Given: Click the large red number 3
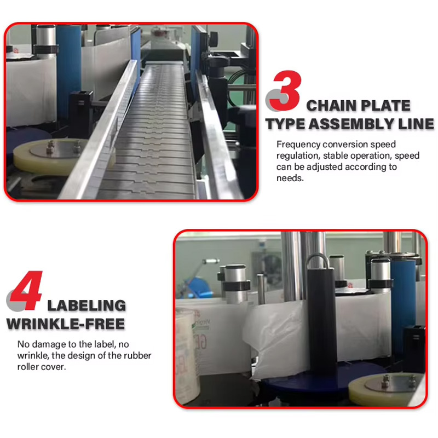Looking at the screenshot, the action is click(x=287, y=90).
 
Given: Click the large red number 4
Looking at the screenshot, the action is click(x=26, y=291).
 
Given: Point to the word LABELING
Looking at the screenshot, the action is click(x=87, y=306).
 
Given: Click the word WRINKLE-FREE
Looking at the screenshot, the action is click(x=66, y=324).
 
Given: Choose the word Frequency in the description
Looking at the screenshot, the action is click(x=298, y=145).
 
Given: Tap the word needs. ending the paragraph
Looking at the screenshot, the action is click(x=290, y=178).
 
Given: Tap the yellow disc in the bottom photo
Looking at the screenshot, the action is click(x=387, y=389).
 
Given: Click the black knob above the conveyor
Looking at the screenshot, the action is click(x=214, y=38).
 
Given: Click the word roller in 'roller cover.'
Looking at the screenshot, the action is click(x=27, y=367).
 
